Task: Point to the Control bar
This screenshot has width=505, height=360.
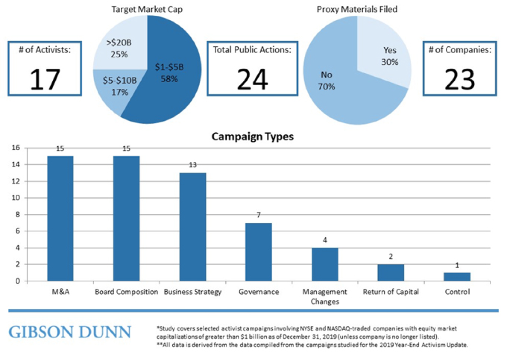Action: (x=457, y=276)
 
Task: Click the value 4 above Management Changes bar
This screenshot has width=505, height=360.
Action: (x=325, y=240)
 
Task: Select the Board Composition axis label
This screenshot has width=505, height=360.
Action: (x=126, y=292)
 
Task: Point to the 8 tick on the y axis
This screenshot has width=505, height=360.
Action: (x=17, y=214)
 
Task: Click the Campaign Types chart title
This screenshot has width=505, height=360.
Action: (x=252, y=137)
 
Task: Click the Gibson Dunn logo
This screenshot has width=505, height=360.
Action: (x=70, y=331)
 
